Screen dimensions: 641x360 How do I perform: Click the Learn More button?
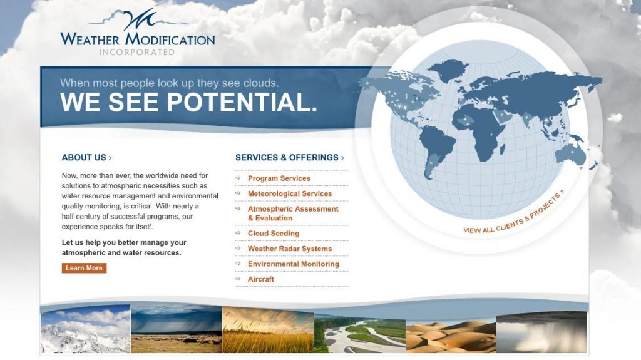(x=85, y=268)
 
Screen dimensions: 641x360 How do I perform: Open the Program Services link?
(x=279, y=178)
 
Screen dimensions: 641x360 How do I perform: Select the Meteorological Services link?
(x=290, y=193)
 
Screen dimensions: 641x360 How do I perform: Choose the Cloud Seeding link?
(x=274, y=233)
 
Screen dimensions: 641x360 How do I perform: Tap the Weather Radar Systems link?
(x=290, y=249)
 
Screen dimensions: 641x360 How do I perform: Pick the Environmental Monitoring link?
(x=294, y=264)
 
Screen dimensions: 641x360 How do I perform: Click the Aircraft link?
(x=261, y=279)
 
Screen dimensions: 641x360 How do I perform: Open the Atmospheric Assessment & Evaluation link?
(x=293, y=213)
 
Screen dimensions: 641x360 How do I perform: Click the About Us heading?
(x=86, y=158)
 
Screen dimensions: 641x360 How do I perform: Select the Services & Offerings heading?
(x=290, y=158)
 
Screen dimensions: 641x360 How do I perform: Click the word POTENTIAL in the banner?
(x=242, y=102)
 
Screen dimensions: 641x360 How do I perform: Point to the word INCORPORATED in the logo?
(x=137, y=53)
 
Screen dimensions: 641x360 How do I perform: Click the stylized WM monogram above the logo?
(x=140, y=19)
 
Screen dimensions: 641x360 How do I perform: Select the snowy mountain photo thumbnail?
(x=85, y=329)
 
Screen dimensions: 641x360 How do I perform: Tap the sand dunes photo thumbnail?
(x=451, y=336)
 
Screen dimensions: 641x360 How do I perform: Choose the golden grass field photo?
(x=268, y=330)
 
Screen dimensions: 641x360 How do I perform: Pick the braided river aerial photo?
(x=360, y=333)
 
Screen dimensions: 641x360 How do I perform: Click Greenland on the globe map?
(x=447, y=70)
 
